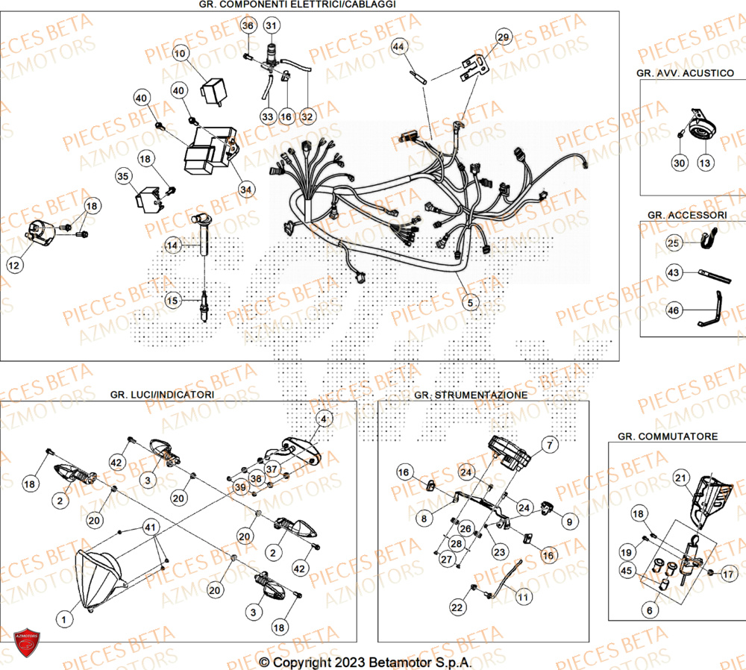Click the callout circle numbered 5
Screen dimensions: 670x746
pos(469,302)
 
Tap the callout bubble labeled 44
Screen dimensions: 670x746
pos(399,47)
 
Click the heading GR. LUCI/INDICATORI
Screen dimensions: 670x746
pos(162,394)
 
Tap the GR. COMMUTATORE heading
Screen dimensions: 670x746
pos(668,436)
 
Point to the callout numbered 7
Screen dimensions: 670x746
pos(549,445)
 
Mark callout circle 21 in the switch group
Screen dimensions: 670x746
pos(680,478)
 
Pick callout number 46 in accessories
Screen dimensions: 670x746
pos(674,310)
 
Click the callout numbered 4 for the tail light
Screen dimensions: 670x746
pos(323,419)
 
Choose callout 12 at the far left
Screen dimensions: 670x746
pos(16,264)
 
